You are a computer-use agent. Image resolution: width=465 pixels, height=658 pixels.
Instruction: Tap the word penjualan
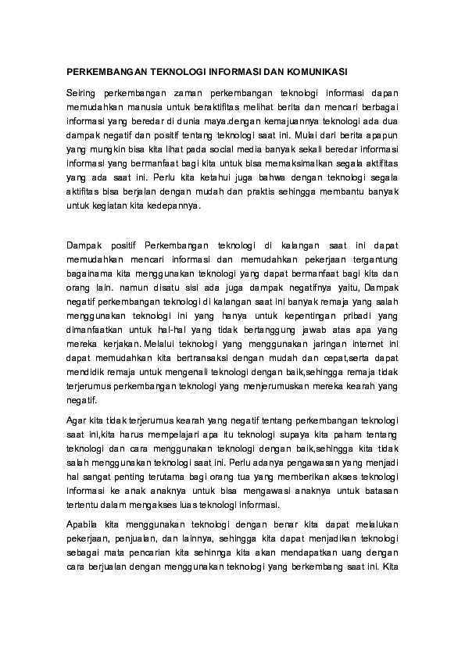pyautogui.click(x=140, y=539)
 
